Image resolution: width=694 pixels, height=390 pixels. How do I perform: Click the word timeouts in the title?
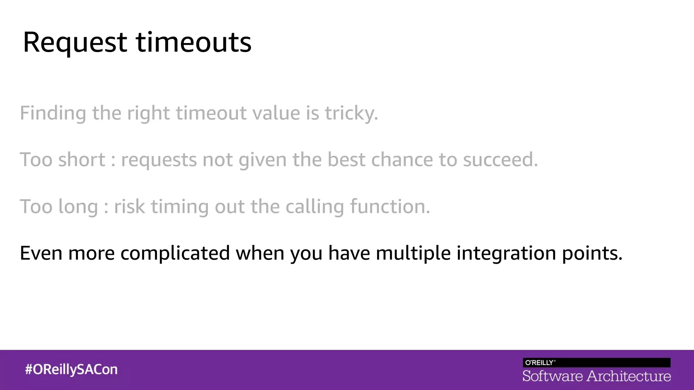point(193,43)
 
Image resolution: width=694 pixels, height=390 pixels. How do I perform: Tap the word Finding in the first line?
point(53,113)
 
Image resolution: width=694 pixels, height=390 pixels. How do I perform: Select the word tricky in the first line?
point(351,113)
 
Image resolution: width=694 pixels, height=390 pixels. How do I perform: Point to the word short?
point(82,160)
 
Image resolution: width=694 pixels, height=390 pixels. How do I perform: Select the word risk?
point(129,207)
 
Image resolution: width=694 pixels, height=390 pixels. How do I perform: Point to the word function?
point(389,207)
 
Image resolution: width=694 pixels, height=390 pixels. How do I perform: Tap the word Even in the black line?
point(41,253)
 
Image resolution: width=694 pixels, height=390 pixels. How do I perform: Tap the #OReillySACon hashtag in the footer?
point(71,369)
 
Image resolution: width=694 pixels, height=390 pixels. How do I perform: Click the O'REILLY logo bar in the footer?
point(596,363)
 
